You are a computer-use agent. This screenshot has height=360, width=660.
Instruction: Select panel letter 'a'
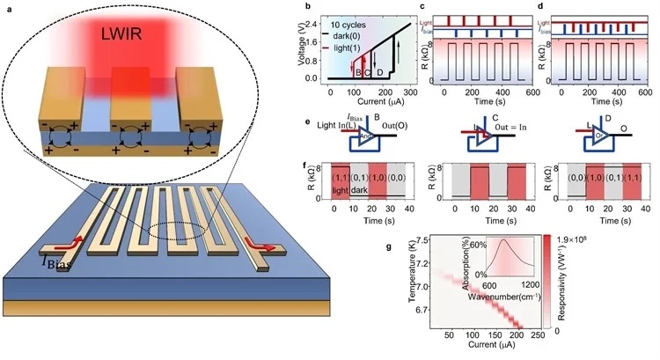click(x=8, y=7)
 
